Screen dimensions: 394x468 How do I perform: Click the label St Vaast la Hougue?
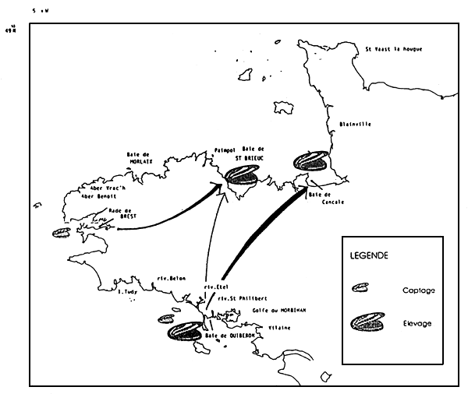pyautogui.click(x=394, y=49)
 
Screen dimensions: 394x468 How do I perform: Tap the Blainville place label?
pyautogui.click(x=356, y=125)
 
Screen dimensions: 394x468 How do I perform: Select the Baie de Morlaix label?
pyautogui.click(x=143, y=159)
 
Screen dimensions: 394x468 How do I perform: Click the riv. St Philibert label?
pyautogui.click(x=239, y=298)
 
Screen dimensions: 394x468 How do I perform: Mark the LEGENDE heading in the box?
pyautogui.click(x=369, y=255)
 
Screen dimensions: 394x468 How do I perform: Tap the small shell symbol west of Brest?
pyautogui.click(x=58, y=232)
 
